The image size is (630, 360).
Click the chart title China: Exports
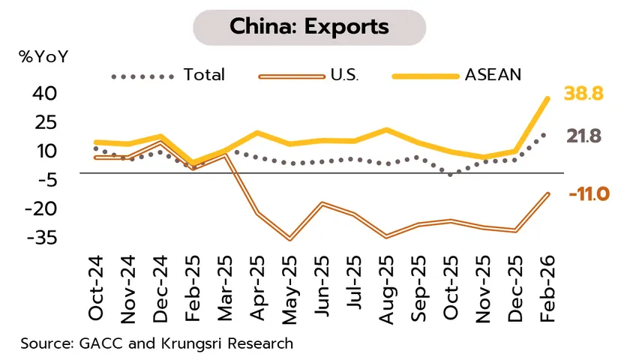(x=309, y=28)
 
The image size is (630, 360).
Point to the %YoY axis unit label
(x=43, y=56)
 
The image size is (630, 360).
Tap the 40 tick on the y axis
(x=44, y=94)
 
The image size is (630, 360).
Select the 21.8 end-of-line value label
(x=583, y=136)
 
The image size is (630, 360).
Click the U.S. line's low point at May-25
(x=289, y=239)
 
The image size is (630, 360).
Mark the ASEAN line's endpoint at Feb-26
(x=547, y=98)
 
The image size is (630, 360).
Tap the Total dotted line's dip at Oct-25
(x=450, y=174)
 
